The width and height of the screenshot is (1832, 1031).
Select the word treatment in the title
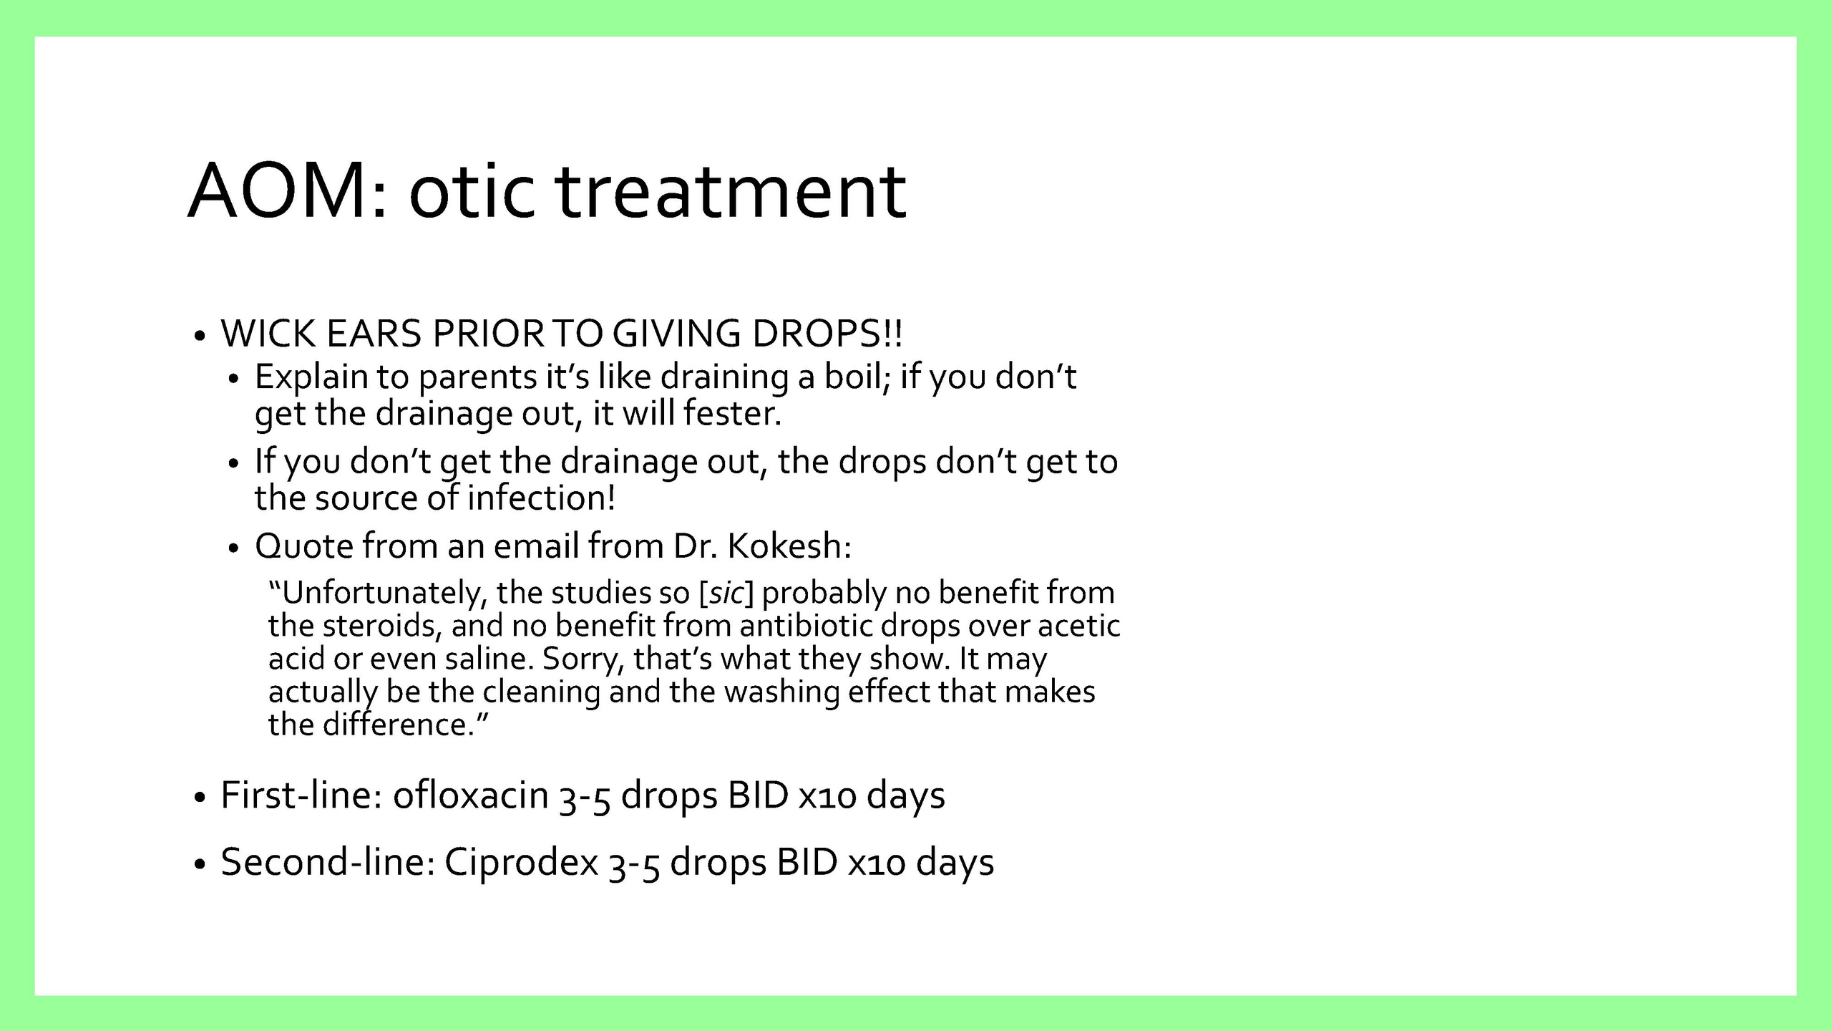tap(731, 191)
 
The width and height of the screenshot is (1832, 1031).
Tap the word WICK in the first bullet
tap(268, 334)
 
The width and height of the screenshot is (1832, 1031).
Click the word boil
tap(857, 377)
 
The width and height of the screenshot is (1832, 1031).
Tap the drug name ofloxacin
tap(470, 795)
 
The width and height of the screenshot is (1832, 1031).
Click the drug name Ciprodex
tap(521, 862)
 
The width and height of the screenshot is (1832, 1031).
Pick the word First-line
tap(301, 795)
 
